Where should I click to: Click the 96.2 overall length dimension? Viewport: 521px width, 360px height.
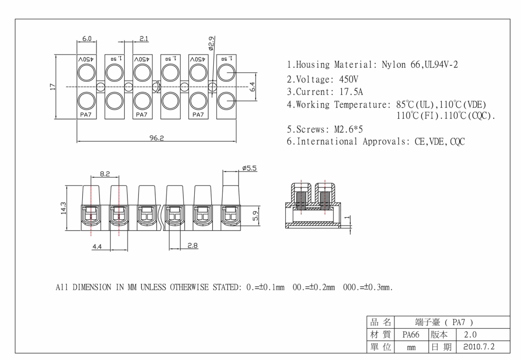156,138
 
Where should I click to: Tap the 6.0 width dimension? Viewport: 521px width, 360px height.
86,38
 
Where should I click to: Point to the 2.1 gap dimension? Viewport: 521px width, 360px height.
144,38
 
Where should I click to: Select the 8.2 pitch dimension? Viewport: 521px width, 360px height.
105,173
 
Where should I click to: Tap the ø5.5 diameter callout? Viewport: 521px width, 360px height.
249,168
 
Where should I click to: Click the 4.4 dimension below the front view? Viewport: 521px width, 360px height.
97,247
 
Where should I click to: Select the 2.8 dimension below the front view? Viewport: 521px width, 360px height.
193,246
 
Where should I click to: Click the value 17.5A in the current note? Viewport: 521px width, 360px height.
351,92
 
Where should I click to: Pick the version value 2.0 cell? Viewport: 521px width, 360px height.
470,335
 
